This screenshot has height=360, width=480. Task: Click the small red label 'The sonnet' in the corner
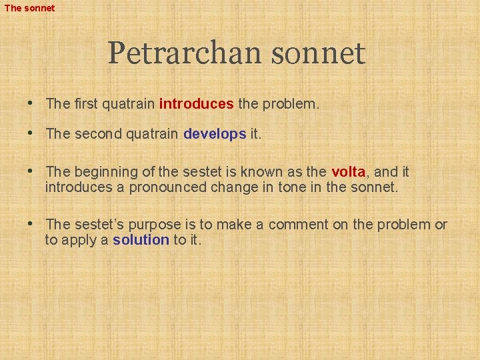click(x=30, y=8)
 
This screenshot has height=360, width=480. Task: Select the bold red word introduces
click(x=196, y=104)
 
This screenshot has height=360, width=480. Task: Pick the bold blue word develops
click(x=215, y=134)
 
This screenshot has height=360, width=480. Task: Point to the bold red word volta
click(x=348, y=172)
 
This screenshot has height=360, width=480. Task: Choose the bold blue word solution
click(x=141, y=240)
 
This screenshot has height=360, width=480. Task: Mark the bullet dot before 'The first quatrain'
click(x=31, y=104)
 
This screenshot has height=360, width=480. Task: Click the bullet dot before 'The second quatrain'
click(x=31, y=133)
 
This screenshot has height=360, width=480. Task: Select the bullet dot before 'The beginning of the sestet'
click(x=31, y=171)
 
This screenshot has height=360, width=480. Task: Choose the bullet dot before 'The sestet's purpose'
click(x=31, y=224)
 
